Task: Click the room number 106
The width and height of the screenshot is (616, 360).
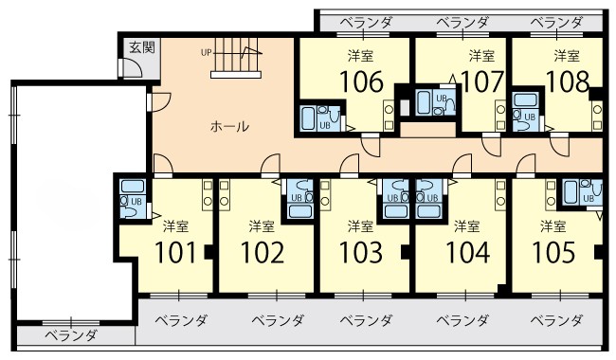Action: click(x=361, y=81)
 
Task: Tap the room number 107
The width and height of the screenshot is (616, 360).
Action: click(x=482, y=81)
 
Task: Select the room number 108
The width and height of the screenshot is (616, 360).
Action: click(x=568, y=81)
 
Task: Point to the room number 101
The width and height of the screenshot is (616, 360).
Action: click(x=174, y=252)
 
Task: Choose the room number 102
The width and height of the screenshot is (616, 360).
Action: click(x=262, y=252)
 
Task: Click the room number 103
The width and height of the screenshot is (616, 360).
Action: click(x=361, y=252)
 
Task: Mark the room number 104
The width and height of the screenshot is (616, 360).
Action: click(x=467, y=252)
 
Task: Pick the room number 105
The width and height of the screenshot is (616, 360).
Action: click(x=553, y=252)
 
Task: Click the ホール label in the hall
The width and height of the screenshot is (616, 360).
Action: click(x=229, y=126)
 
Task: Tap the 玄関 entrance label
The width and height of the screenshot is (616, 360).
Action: click(x=142, y=48)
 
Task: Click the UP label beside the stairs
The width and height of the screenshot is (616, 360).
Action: click(x=207, y=53)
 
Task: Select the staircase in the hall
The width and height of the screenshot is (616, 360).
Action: click(x=236, y=58)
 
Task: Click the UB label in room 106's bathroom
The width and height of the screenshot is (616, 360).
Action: click(x=325, y=126)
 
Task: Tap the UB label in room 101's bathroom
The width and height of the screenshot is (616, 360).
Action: click(x=136, y=202)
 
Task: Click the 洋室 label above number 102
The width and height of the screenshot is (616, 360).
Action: click(x=262, y=226)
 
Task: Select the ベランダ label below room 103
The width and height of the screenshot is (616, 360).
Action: click(x=366, y=321)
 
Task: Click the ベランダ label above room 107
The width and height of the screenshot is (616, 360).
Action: click(x=462, y=23)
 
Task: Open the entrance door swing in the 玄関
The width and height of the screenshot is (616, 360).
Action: click(x=133, y=67)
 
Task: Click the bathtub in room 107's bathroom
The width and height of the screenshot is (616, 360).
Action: click(x=424, y=102)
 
